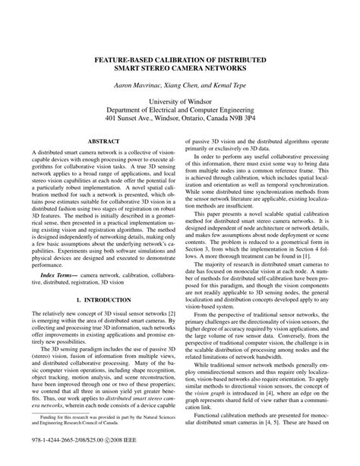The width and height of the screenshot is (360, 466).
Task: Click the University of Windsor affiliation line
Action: [179, 101]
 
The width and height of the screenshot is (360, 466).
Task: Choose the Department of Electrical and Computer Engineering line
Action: [179, 110]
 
